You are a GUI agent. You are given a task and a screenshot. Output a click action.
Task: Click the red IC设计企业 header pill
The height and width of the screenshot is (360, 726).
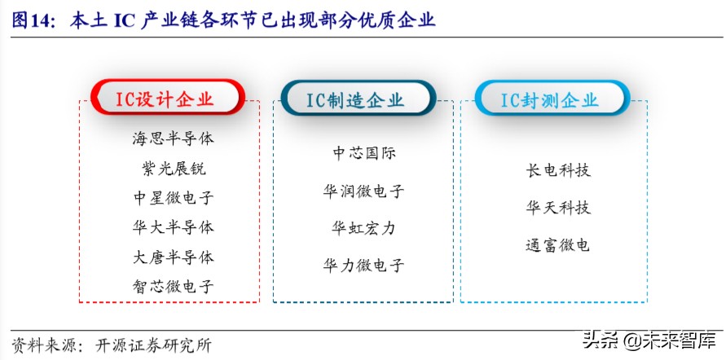(168, 99)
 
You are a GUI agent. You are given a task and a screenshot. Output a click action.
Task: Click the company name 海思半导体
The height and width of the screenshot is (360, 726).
(173, 138)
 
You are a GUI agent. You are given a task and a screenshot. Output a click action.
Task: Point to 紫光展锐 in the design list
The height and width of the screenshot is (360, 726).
(173, 169)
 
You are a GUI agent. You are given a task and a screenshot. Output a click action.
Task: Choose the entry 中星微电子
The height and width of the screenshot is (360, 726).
(173, 198)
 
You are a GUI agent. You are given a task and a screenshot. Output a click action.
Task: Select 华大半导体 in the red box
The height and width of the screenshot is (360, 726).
(173, 227)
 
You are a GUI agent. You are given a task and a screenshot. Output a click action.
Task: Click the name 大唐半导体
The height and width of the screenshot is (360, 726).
(173, 257)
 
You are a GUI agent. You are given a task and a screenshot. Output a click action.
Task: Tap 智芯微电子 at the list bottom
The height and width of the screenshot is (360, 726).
(173, 287)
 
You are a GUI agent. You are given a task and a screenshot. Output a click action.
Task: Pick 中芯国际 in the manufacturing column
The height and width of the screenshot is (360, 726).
(363, 153)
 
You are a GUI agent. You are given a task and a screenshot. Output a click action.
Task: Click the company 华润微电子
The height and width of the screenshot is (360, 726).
(363, 191)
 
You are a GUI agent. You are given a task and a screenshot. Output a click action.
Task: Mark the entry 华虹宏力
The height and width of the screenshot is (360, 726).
(363, 228)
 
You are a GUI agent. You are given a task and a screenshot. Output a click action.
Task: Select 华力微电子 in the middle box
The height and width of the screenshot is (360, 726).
(363, 266)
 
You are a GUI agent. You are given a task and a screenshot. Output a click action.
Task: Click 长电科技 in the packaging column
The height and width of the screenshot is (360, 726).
(558, 170)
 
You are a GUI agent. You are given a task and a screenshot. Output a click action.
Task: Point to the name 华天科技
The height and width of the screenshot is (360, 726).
(558, 208)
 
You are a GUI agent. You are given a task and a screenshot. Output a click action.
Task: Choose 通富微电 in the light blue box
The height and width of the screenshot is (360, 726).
(558, 244)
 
